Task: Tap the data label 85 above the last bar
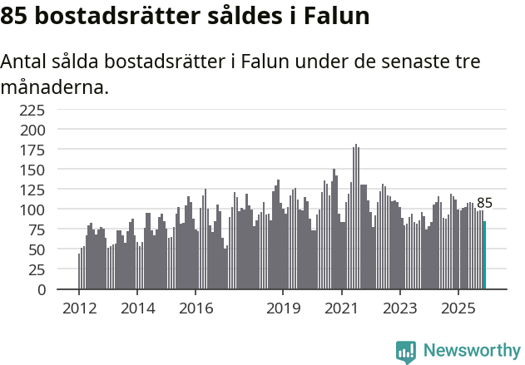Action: tap(484, 203)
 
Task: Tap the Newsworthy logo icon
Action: tap(406, 351)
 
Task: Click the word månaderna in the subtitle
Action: tap(54, 86)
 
